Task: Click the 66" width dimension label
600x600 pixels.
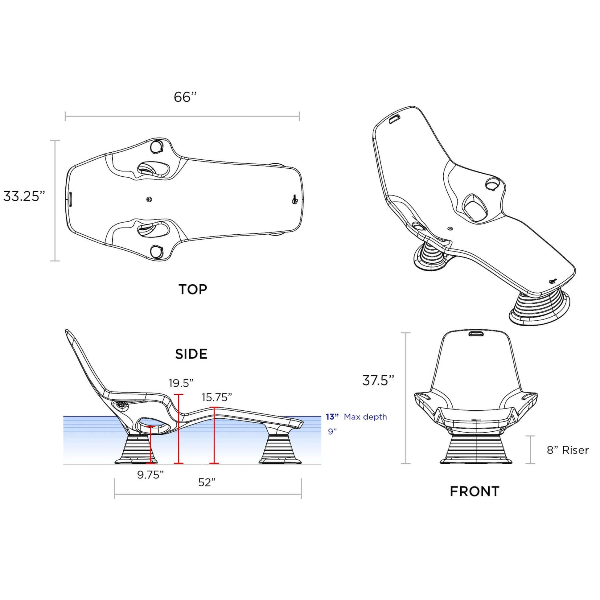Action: (185, 97)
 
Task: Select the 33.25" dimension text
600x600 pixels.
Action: (24, 196)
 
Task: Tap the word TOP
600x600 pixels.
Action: (192, 289)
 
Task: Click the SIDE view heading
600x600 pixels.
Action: (191, 354)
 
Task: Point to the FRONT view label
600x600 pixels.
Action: (475, 491)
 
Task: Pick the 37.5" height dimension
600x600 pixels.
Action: (378, 380)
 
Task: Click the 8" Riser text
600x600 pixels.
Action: (567, 450)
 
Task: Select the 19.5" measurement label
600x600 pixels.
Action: (181, 383)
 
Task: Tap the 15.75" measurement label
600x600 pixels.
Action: (216, 397)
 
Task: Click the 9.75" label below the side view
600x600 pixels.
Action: (150, 475)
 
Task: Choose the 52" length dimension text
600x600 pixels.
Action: (207, 482)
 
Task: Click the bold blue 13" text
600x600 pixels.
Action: (332, 417)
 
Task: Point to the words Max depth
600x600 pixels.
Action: (365, 417)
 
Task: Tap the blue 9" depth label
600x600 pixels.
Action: (332, 431)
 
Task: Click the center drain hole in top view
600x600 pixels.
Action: (149, 199)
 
